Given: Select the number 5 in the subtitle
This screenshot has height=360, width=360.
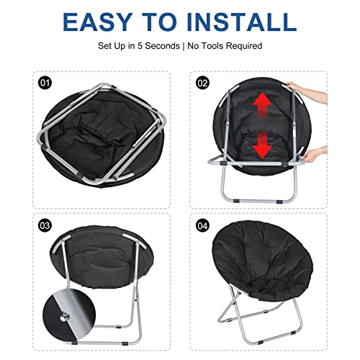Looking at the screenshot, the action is coord(140,46).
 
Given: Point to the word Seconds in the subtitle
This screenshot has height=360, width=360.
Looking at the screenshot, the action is coord(162,46).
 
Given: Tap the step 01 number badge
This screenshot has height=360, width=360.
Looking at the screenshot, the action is coord(45,83).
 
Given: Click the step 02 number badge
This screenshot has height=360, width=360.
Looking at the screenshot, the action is coord(202,83).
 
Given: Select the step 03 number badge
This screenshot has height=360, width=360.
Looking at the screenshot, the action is coord(45,225).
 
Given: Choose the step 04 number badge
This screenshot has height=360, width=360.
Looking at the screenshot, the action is coord(202,226).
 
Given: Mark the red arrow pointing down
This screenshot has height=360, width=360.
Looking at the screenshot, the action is coord(263,145).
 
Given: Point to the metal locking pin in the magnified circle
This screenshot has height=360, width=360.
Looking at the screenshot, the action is coord(65,318).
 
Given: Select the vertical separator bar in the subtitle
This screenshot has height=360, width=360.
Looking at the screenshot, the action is coord(184,46).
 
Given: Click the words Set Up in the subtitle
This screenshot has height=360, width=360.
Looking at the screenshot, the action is coord(112,46).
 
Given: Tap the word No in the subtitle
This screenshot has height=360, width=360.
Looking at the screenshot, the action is coord(193,46).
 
